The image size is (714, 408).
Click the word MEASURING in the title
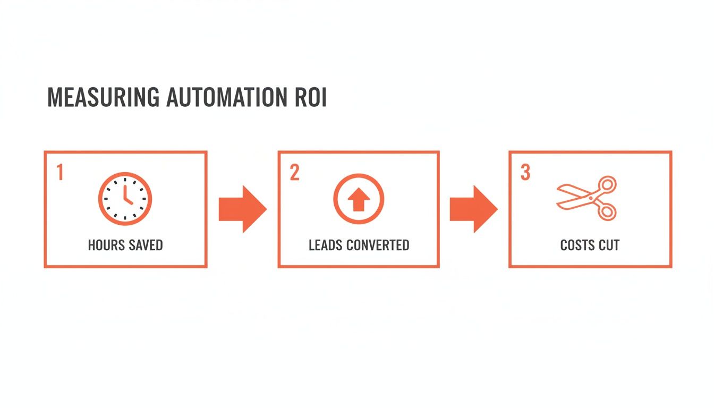[x=103, y=98]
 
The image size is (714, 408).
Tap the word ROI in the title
[x=310, y=98]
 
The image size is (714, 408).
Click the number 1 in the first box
[x=59, y=173]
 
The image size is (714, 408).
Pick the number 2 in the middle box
[x=294, y=173]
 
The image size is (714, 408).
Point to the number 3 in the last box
[x=525, y=173]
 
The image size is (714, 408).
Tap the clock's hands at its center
[x=126, y=199]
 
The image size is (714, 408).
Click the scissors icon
[x=586, y=198]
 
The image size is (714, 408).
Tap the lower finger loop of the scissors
[x=606, y=211]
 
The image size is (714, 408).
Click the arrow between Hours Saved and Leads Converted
[x=242, y=209]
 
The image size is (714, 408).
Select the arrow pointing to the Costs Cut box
[x=473, y=209]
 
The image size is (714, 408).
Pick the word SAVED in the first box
[x=145, y=245]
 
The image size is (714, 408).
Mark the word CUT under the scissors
[x=609, y=245]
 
